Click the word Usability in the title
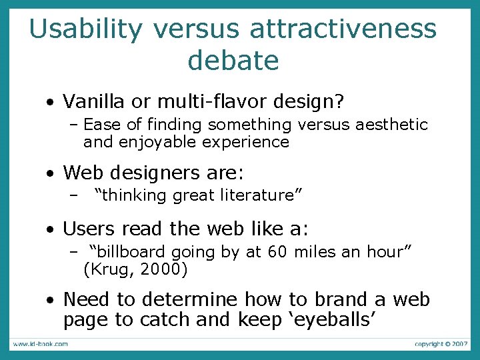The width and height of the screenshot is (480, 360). pos(85,29)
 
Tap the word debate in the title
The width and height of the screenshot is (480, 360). pos(233,60)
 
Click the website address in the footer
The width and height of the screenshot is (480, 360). pos(39,344)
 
